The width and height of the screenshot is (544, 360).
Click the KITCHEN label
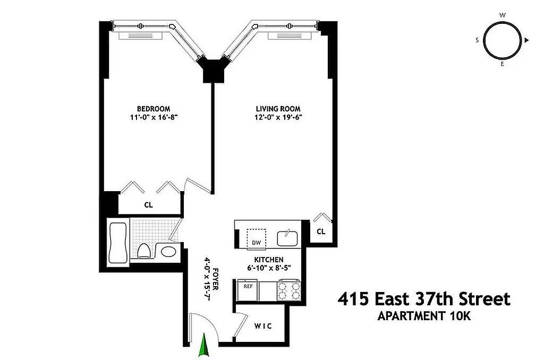(x=268, y=260)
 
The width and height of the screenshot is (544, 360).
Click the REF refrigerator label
(x=248, y=286)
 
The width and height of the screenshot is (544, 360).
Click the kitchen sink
(x=287, y=237)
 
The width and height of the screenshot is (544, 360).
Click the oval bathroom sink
(x=168, y=252)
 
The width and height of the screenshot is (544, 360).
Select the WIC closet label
(x=262, y=326)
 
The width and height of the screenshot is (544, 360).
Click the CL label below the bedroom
(x=149, y=204)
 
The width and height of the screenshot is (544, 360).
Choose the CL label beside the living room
(x=321, y=231)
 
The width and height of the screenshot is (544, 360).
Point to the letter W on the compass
(x=502, y=15)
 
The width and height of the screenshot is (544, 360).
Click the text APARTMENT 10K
(x=424, y=316)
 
